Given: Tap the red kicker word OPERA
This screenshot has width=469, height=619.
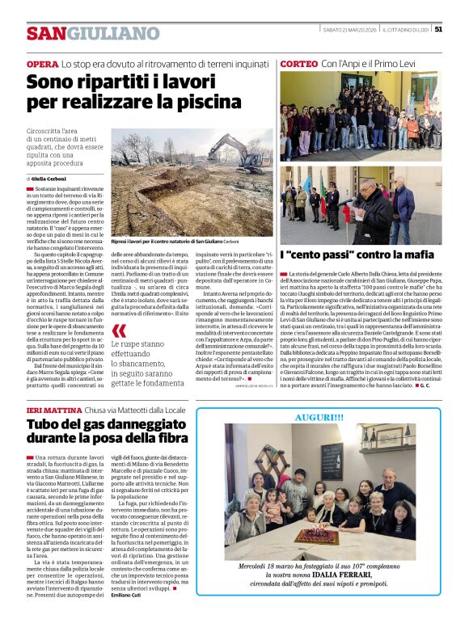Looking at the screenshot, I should click(42, 63).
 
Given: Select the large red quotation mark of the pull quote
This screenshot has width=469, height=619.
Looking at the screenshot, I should click(120, 331).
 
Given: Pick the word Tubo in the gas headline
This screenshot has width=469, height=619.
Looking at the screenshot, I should click(44, 426).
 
